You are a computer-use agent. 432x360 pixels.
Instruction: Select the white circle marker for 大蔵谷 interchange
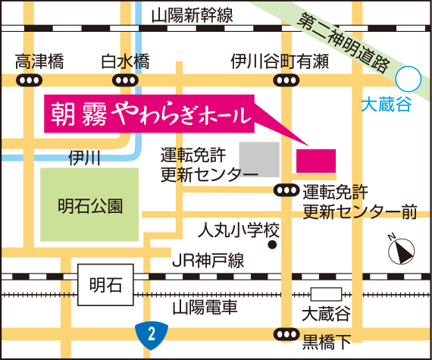click(409, 77)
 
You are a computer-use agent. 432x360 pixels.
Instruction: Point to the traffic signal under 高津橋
click(30, 80)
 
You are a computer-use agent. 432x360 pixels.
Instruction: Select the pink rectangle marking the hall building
click(315, 161)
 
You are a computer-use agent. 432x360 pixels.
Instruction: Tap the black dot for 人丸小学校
click(272, 245)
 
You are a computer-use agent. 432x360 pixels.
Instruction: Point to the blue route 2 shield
click(150, 331)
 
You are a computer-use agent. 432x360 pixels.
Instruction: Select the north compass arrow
click(399, 249)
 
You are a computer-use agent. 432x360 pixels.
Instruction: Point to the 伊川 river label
click(84, 158)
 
